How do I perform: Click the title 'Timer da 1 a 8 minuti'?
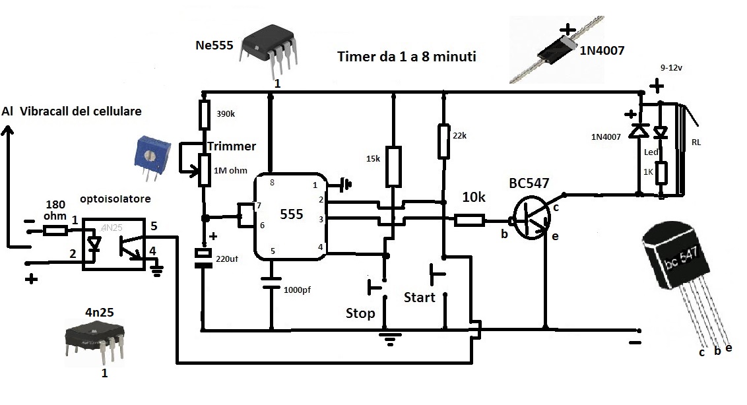pos(406,57)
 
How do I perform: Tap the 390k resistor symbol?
pos(205,115)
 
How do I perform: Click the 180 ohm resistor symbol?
pos(55,230)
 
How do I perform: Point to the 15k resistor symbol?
pos(393,166)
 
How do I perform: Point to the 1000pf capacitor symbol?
pos(270,283)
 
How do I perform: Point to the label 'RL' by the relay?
pos(696,141)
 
